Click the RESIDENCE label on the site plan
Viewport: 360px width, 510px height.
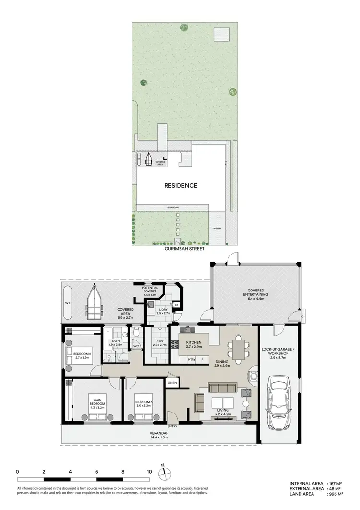pos(181,185)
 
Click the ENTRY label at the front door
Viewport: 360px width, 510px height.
pos(172,426)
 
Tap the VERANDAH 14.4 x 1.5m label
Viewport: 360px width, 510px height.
pos(160,435)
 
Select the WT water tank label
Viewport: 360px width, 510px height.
pos(67,304)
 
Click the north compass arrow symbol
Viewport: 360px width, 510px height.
pos(163,473)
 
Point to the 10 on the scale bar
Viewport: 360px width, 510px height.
pos(150,471)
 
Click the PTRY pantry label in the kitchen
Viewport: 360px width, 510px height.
pos(192,359)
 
